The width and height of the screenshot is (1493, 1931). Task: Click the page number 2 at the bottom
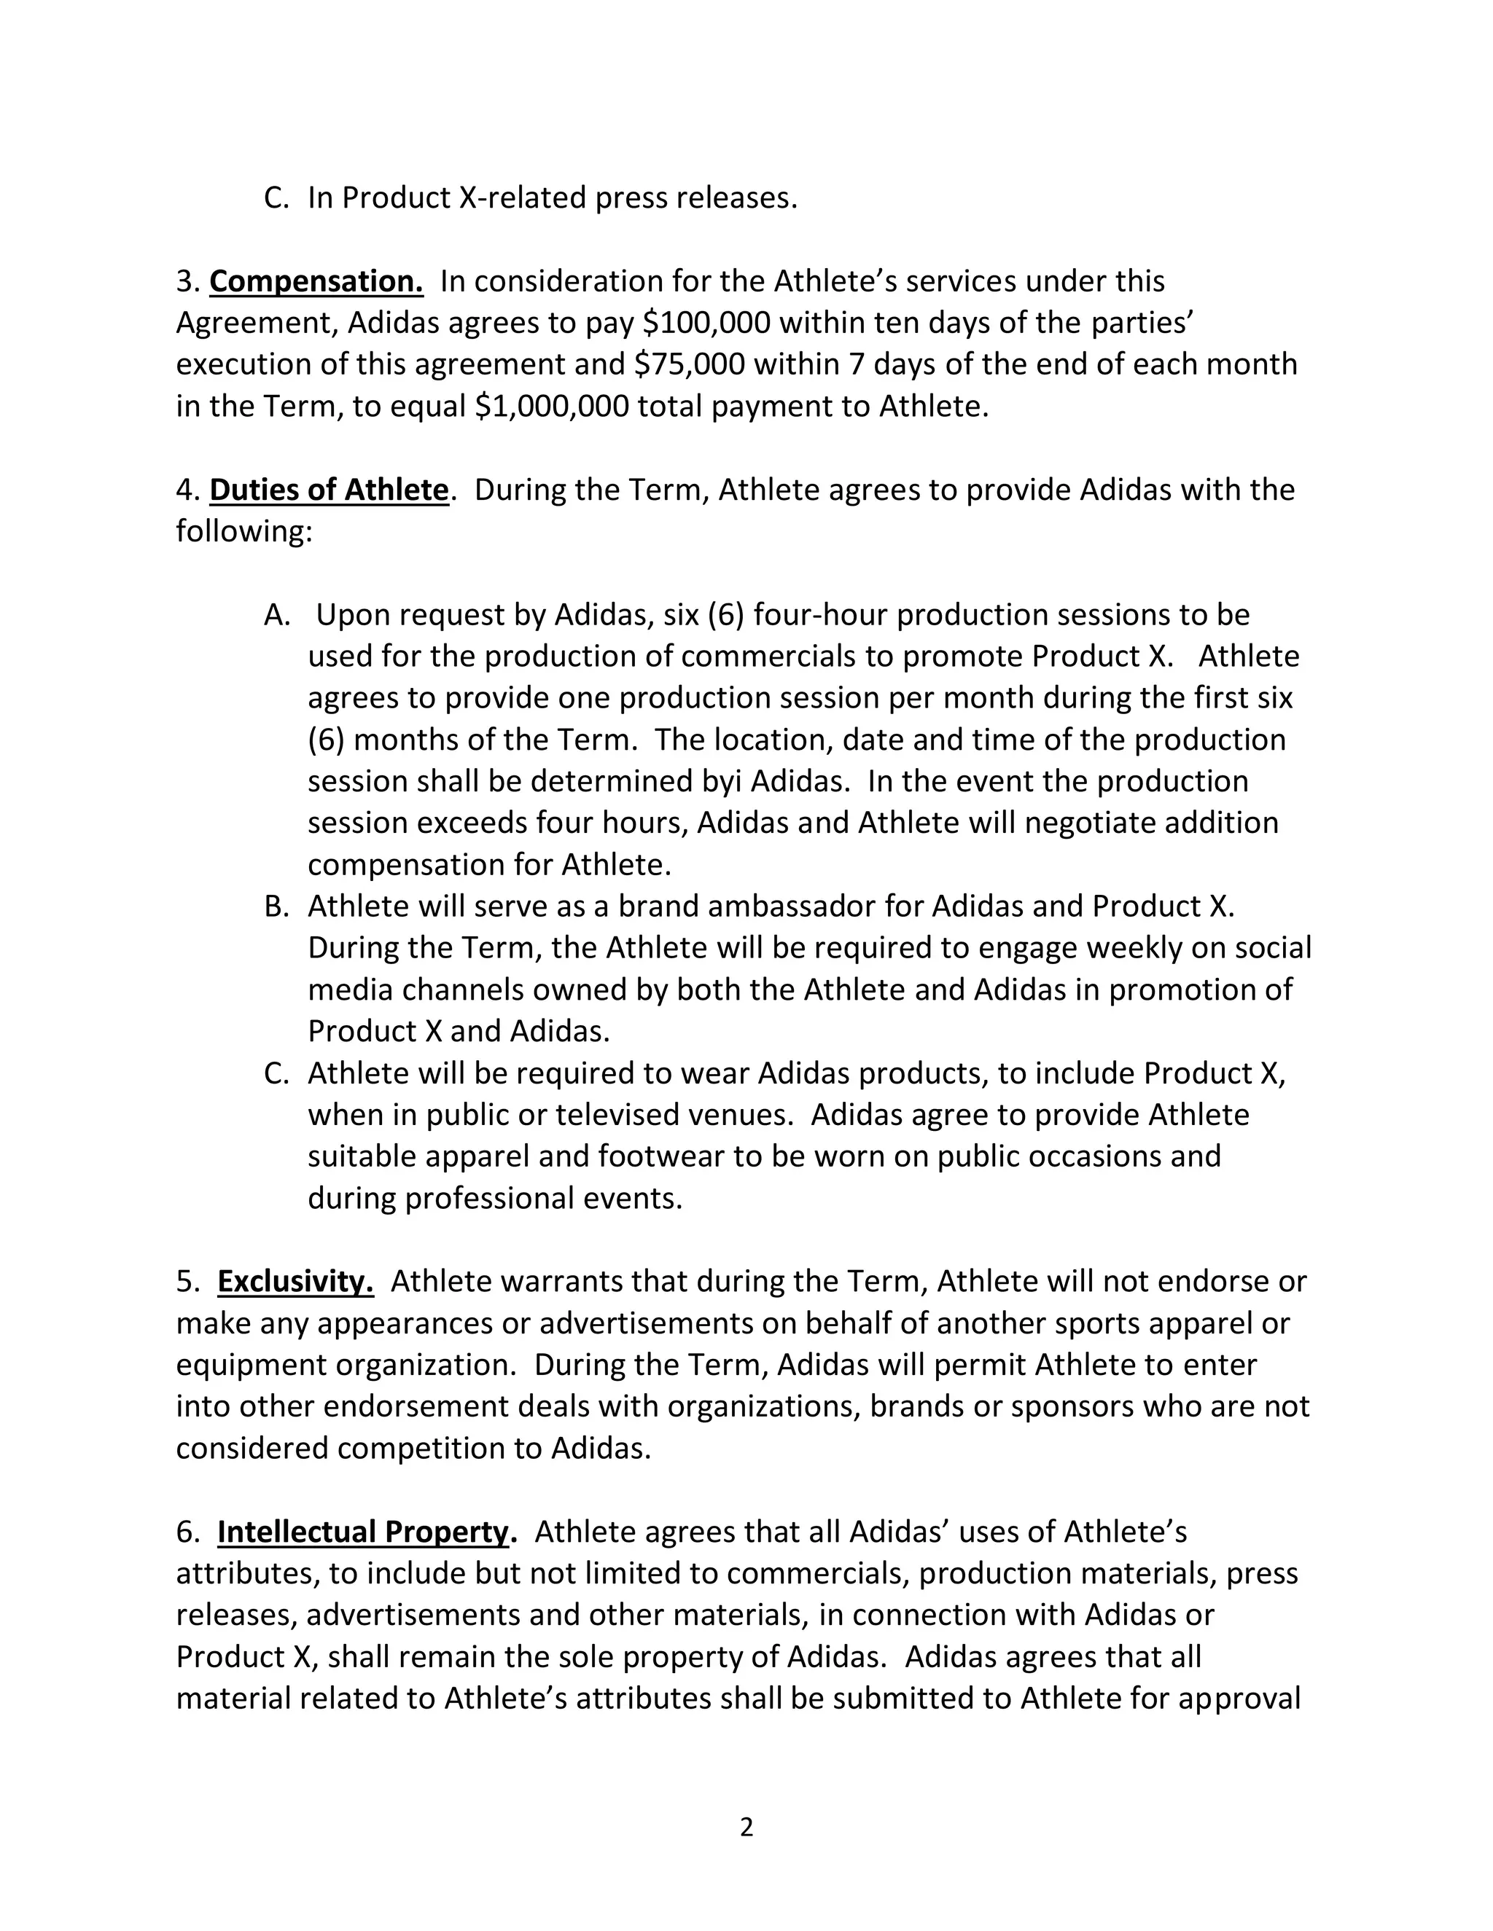point(746,1827)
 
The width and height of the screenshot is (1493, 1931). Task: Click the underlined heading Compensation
point(316,281)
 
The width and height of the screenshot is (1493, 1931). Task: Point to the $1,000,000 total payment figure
point(551,406)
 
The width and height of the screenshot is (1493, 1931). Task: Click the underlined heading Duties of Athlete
point(328,490)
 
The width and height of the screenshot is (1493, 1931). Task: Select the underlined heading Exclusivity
point(295,1281)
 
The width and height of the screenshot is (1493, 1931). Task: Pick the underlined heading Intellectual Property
point(364,1532)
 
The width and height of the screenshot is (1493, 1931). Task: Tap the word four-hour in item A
point(820,614)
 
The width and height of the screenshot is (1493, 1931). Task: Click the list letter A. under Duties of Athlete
point(277,614)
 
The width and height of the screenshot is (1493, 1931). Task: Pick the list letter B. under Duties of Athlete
point(277,906)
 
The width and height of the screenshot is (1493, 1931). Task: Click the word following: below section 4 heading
point(244,531)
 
